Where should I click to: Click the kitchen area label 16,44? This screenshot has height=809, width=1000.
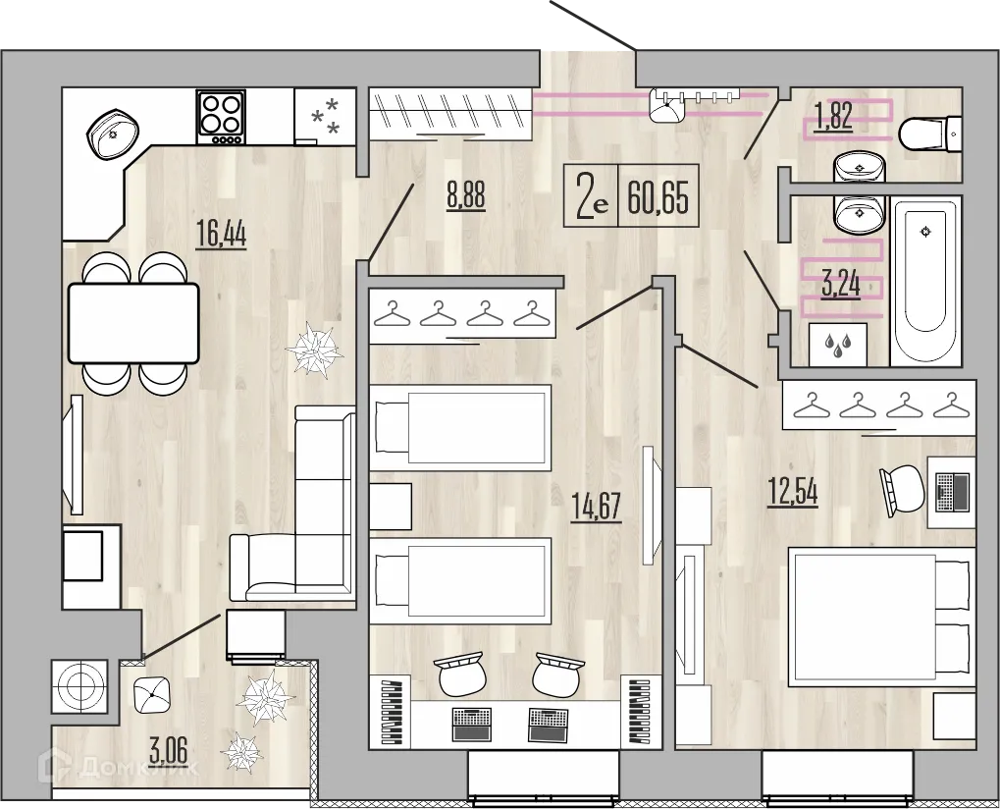(x=220, y=236)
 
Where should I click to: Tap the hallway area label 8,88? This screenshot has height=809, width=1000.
(x=465, y=194)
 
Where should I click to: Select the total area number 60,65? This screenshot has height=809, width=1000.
(x=658, y=199)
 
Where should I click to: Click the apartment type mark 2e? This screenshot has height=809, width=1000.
(x=592, y=199)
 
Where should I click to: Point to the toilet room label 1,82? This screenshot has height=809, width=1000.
(x=833, y=118)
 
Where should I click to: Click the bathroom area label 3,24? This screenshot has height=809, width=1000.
(x=840, y=285)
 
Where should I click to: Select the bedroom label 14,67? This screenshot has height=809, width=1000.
(x=597, y=508)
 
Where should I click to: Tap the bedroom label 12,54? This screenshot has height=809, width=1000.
(x=792, y=491)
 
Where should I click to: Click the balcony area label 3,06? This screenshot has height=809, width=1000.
(x=170, y=755)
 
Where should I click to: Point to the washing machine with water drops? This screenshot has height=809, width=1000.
(x=836, y=345)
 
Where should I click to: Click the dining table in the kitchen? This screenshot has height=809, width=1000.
(x=132, y=322)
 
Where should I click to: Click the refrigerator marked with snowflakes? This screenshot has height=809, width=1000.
(x=324, y=116)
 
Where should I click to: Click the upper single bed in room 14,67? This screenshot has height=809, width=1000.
(x=460, y=424)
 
